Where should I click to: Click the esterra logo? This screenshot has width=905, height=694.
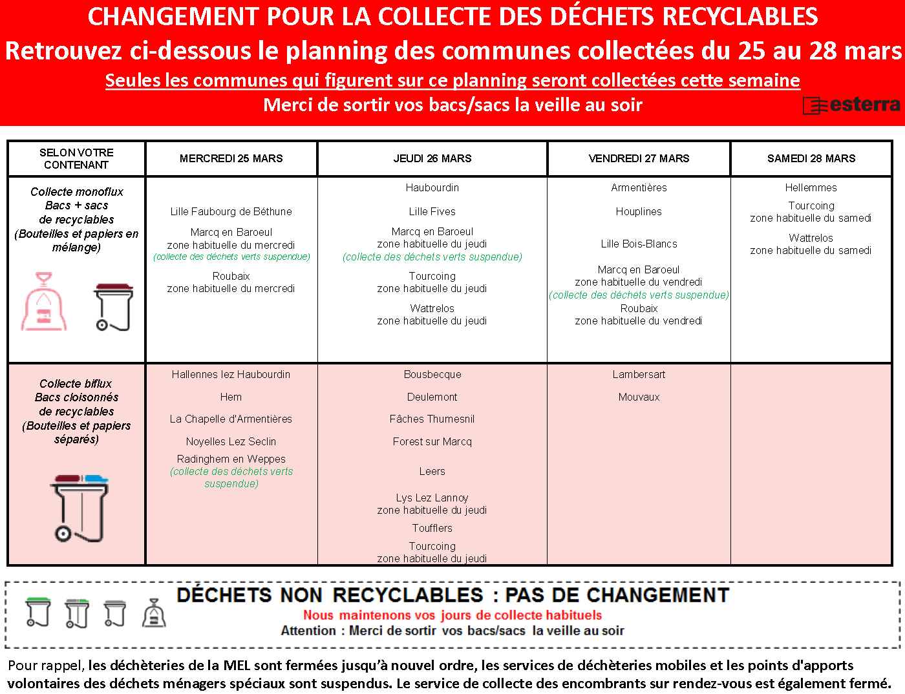851,105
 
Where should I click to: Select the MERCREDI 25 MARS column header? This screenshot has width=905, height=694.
231,158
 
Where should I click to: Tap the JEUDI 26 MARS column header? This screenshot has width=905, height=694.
432,158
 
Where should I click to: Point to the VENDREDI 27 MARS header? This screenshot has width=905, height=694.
639,158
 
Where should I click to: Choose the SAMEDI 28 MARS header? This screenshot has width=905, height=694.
811,158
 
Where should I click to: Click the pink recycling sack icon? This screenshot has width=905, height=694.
44,302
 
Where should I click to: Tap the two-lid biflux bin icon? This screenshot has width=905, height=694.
80,508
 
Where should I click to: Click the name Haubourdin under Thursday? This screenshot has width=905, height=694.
432,187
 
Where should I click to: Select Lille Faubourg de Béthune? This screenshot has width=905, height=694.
231,211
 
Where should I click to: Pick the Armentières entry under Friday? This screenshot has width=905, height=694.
639,187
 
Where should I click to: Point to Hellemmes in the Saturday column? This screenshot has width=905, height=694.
811,187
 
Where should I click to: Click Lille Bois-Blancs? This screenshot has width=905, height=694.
639,244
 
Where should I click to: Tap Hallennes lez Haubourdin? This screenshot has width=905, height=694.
231,374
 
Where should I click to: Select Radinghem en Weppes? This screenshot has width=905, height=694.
231,459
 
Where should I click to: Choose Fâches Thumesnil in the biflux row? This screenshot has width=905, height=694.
432,419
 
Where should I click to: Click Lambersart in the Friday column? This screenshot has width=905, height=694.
639,374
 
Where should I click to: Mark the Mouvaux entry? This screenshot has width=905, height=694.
639,397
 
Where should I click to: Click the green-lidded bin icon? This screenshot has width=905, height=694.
38,612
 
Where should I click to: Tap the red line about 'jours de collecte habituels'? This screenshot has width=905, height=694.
452,615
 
